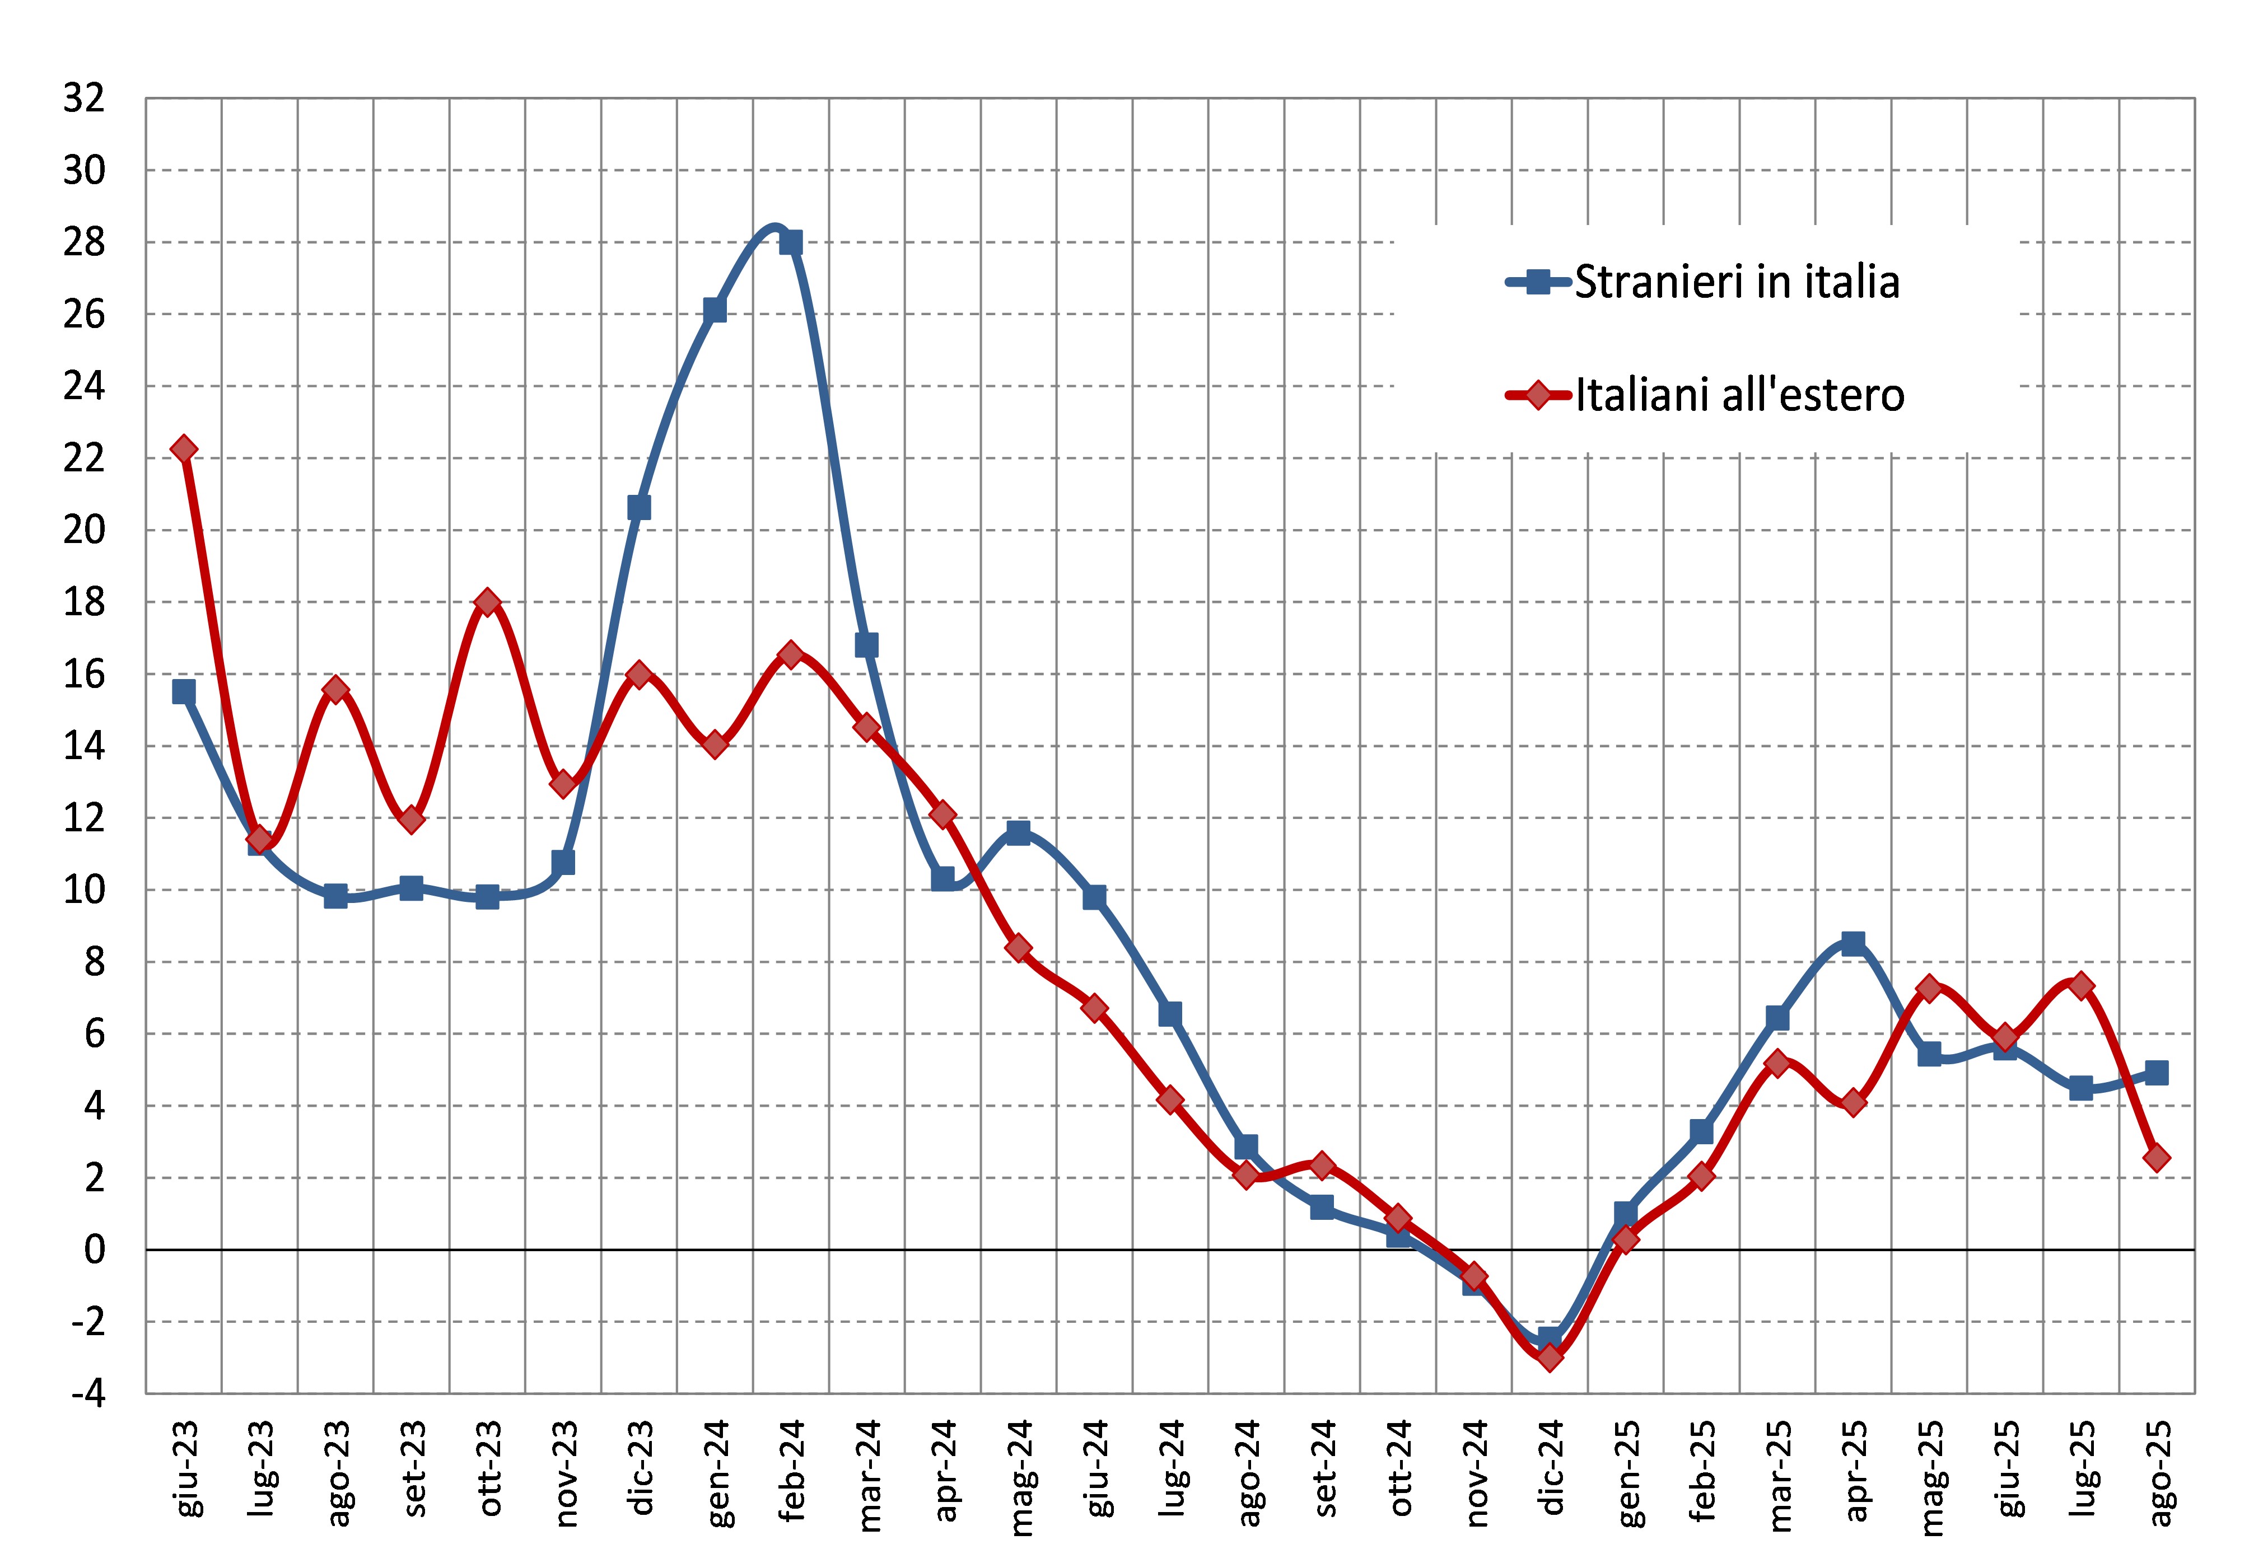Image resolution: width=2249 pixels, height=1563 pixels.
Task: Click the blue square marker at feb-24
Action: [x=791, y=242]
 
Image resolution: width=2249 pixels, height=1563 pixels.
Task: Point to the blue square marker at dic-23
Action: [x=638, y=507]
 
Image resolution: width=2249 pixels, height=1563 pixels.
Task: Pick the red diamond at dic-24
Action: [x=1550, y=1358]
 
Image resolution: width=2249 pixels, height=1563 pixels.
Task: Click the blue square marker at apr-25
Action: [x=1853, y=943]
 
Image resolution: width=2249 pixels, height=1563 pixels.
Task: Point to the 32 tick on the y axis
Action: [x=84, y=98]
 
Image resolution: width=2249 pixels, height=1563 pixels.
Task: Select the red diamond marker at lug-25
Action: [x=2082, y=985]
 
